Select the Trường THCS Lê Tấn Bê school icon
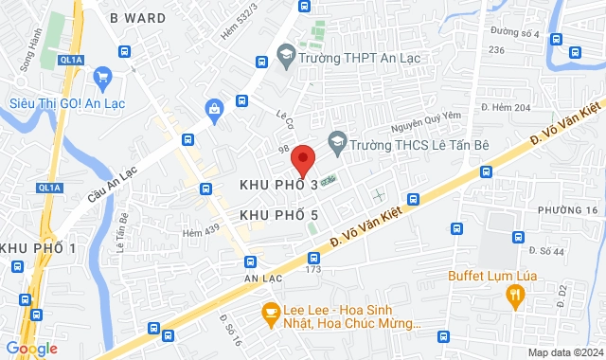pos(336,144)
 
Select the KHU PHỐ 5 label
pos(277,216)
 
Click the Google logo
pos(31,349)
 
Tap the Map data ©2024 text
pos(564,352)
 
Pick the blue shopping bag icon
pos(215,108)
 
